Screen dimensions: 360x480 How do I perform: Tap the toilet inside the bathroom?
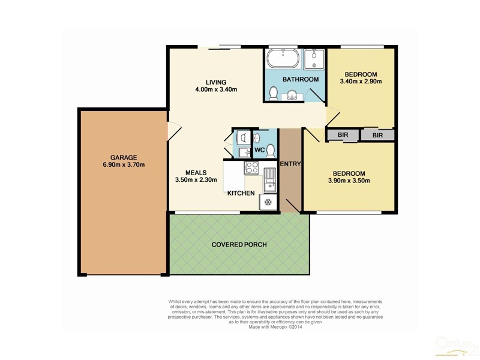click(273, 94)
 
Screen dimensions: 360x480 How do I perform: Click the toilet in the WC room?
click(270, 149)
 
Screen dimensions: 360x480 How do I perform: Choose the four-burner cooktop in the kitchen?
click(251, 167)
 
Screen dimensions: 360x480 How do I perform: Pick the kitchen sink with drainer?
click(270, 177)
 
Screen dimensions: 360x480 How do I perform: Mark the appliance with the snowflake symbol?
click(268, 202)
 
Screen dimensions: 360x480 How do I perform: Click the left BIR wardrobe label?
click(343, 136)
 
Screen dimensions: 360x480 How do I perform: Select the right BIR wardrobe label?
click(377, 136)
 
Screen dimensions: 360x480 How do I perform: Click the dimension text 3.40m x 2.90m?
click(361, 82)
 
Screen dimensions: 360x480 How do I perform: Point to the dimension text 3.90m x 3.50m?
click(351, 181)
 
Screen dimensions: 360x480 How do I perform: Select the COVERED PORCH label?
click(239, 245)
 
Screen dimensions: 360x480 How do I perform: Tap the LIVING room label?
click(216, 82)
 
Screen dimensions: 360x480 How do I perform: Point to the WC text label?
click(259, 149)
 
